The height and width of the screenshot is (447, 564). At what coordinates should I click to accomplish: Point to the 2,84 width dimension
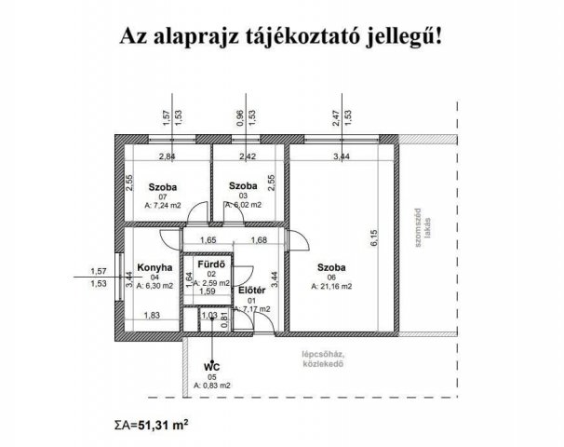click(168, 157)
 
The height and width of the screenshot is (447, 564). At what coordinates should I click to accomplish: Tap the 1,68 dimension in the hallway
click(260, 241)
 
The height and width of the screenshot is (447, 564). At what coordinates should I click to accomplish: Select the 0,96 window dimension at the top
click(239, 118)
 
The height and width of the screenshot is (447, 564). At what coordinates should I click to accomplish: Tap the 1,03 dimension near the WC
click(209, 317)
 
